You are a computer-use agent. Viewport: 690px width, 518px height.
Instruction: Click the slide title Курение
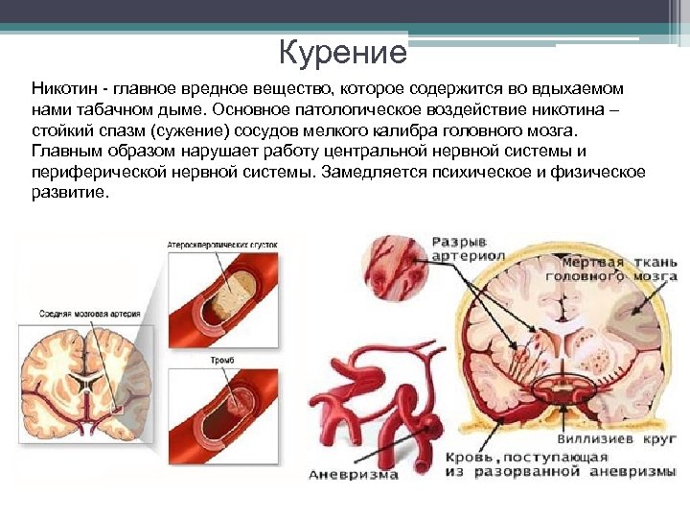(x=343, y=53)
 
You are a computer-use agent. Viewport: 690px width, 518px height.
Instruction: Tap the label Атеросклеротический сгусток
(x=222, y=246)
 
